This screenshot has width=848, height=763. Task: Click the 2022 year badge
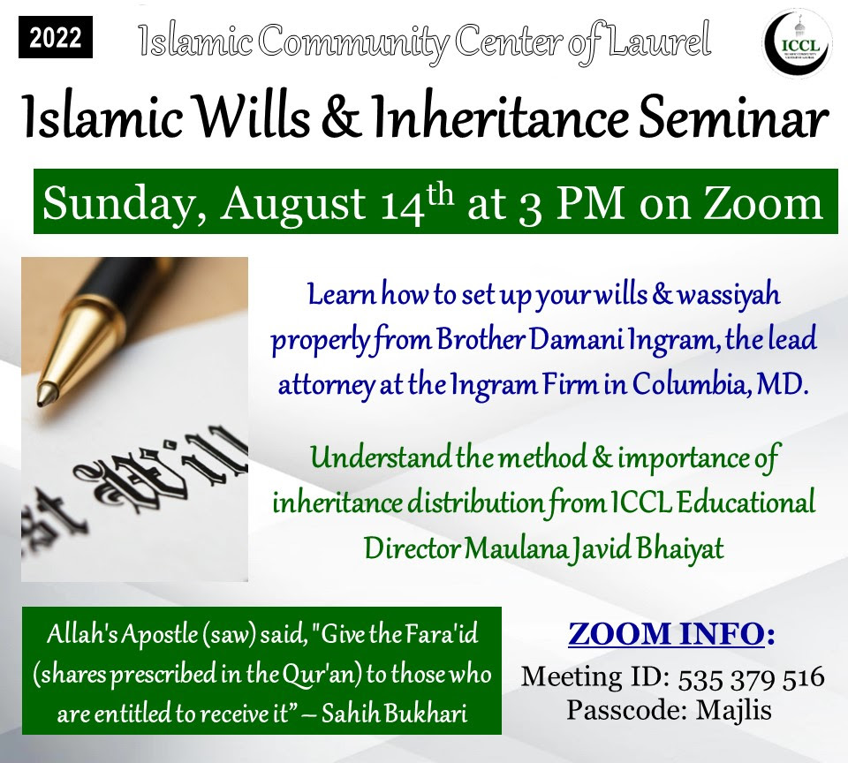(56, 37)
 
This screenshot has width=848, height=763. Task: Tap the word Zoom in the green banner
(762, 204)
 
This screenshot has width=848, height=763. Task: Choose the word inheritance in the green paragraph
(337, 503)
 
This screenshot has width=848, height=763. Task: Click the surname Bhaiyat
(680, 549)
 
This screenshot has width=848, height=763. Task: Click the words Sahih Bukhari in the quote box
(395, 714)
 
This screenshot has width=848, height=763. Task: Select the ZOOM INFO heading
(671, 634)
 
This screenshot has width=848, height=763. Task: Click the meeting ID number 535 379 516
(751, 678)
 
